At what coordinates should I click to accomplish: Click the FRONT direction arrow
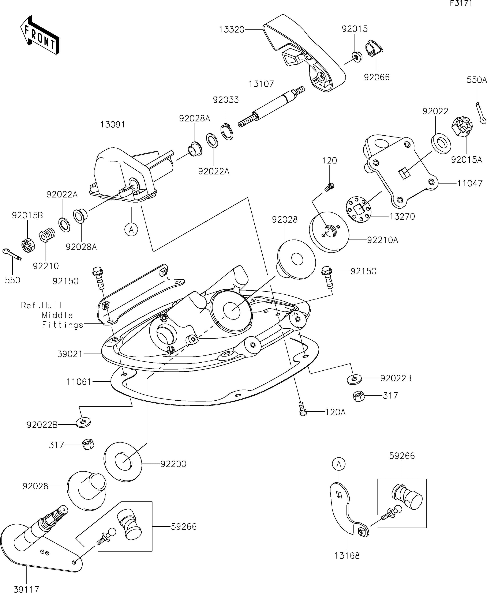coord(40,35)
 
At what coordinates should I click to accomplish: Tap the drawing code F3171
coord(461,3)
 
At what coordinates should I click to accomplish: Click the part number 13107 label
coord(261,84)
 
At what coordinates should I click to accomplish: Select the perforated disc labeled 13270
coord(359,210)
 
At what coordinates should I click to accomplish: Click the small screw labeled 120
coord(330,187)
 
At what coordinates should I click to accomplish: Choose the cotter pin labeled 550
coord(12,254)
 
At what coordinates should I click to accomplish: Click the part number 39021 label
coord(70,354)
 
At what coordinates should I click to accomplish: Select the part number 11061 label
coord(79,382)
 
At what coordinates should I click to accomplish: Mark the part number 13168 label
coord(347,555)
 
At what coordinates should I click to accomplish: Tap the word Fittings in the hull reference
coord(63,325)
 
